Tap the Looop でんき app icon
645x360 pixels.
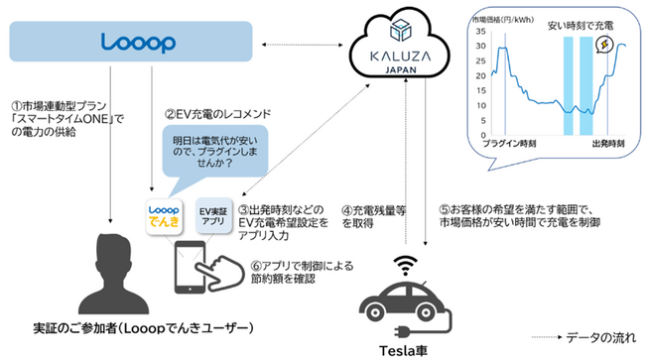pos(163,218)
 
